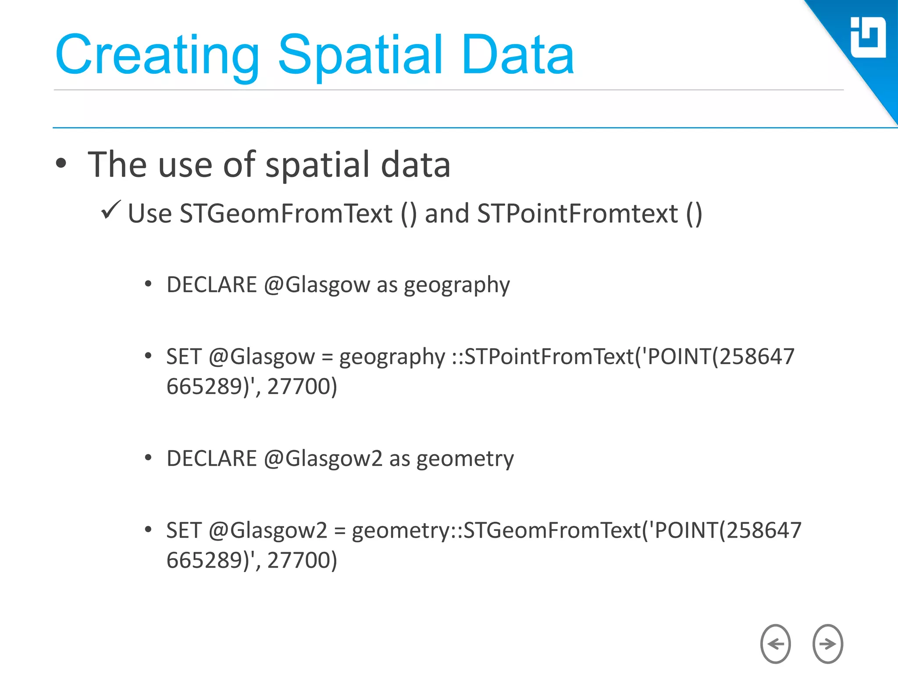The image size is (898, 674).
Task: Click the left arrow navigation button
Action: [x=775, y=644]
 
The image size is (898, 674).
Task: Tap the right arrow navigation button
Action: [x=827, y=644]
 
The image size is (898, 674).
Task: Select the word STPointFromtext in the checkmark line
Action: [x=577, y=214]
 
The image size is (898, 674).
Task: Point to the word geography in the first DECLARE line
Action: [x=456, y=285]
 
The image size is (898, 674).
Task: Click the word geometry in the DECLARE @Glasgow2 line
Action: [x=465, y=459]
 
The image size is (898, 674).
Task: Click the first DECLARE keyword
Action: [x=212, y=285]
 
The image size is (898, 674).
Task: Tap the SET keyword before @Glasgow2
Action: [x=184, y=530]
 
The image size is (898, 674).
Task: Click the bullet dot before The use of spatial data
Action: [x=61, y=164]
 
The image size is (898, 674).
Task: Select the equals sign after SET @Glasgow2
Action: [x=339, y=531]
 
